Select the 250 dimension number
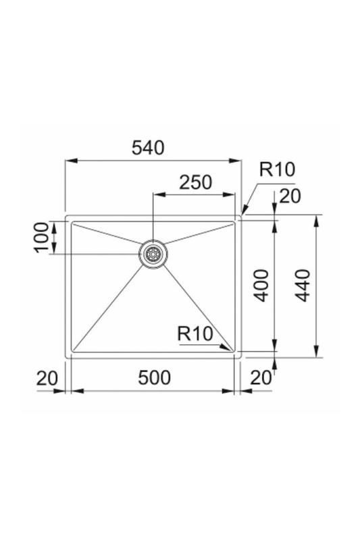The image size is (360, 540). pos(196,182)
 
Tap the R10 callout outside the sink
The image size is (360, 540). pos(278,169)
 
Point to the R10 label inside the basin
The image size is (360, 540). pos(195,333)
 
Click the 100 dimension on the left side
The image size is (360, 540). pos(42,237)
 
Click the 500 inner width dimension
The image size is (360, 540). pos(154,378)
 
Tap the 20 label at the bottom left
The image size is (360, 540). pos(47,378)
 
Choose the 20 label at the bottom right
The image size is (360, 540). pos(261,378)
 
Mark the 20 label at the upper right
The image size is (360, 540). pos(289,196)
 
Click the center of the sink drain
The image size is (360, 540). pos(153,254)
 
